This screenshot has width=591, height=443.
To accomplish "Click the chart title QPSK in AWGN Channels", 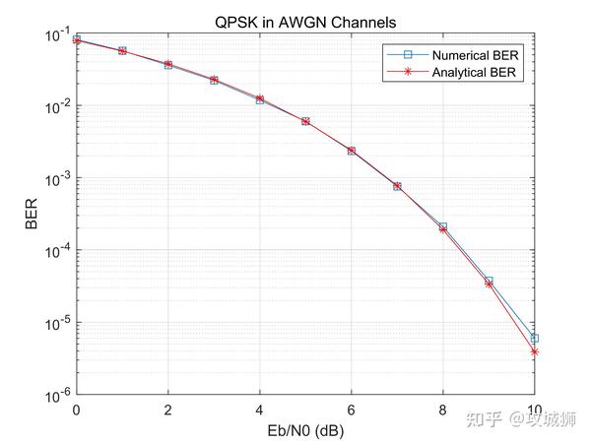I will coord(305,21).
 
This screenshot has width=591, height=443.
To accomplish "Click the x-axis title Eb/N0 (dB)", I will coord(305,430).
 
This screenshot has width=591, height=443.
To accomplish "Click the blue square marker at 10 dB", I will coord(535,338).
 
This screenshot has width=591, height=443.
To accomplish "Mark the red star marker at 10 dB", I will coord(535,351).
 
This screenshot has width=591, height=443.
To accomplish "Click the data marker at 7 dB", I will coord(397,185).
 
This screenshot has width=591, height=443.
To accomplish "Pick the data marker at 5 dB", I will coord(305,121).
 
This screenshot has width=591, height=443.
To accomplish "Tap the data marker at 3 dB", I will coord(214,80).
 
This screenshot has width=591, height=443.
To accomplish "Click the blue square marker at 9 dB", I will coord(489,281).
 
